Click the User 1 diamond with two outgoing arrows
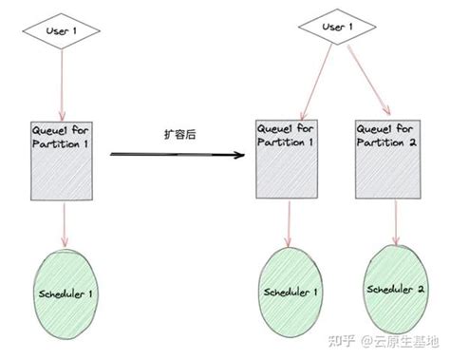(333, 28)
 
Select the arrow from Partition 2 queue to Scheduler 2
(387, 220)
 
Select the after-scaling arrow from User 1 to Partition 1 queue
(306, 81)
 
